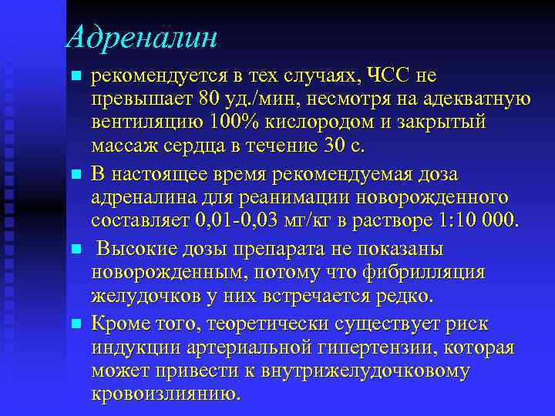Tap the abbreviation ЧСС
(388, 75)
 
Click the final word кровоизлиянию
(165, 394)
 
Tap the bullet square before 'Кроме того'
(75, 324)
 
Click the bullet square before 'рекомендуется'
(75, 76)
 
